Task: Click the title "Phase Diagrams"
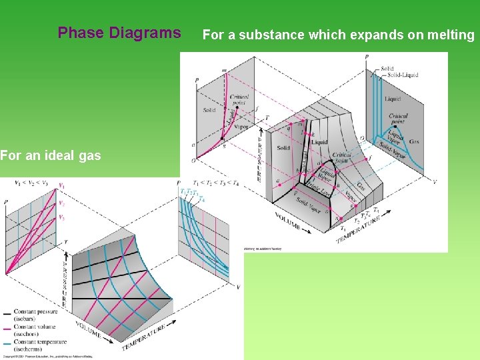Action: click(119, 33)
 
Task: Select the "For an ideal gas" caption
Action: click(51, 155)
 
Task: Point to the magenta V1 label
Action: click(62, 186)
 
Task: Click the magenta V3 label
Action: click(62, 217)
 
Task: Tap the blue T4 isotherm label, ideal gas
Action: click(201, 199)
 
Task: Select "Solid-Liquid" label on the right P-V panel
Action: click(401, 75)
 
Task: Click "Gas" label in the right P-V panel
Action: click(415, 141)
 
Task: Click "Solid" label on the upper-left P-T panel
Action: click(209, 110)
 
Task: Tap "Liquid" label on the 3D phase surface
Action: click(319, 141)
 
